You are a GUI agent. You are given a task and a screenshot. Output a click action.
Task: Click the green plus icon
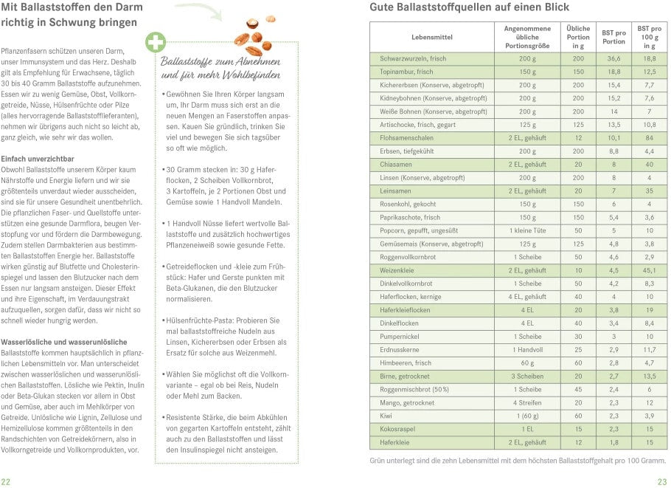tap(156, 42)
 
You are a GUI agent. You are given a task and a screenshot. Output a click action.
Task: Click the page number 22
tap(6, 481)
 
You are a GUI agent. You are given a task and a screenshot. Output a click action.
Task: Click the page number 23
tap(662, 481)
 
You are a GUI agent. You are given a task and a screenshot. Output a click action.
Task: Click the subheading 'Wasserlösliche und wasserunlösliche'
tap(64, 342)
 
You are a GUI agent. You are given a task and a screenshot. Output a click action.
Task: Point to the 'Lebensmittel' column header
tap(432, 37)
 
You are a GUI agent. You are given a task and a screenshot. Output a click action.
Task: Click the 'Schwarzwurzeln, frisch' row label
tap(413, 58)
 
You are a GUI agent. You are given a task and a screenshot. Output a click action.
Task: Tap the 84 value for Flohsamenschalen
tap(649, 137)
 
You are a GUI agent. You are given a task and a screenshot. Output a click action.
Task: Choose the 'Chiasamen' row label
tap(397, 164)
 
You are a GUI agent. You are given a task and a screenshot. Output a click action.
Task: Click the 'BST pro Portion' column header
tap(613, 37)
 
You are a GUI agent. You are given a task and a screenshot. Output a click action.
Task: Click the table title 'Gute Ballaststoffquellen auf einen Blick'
tap(462, 8)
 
